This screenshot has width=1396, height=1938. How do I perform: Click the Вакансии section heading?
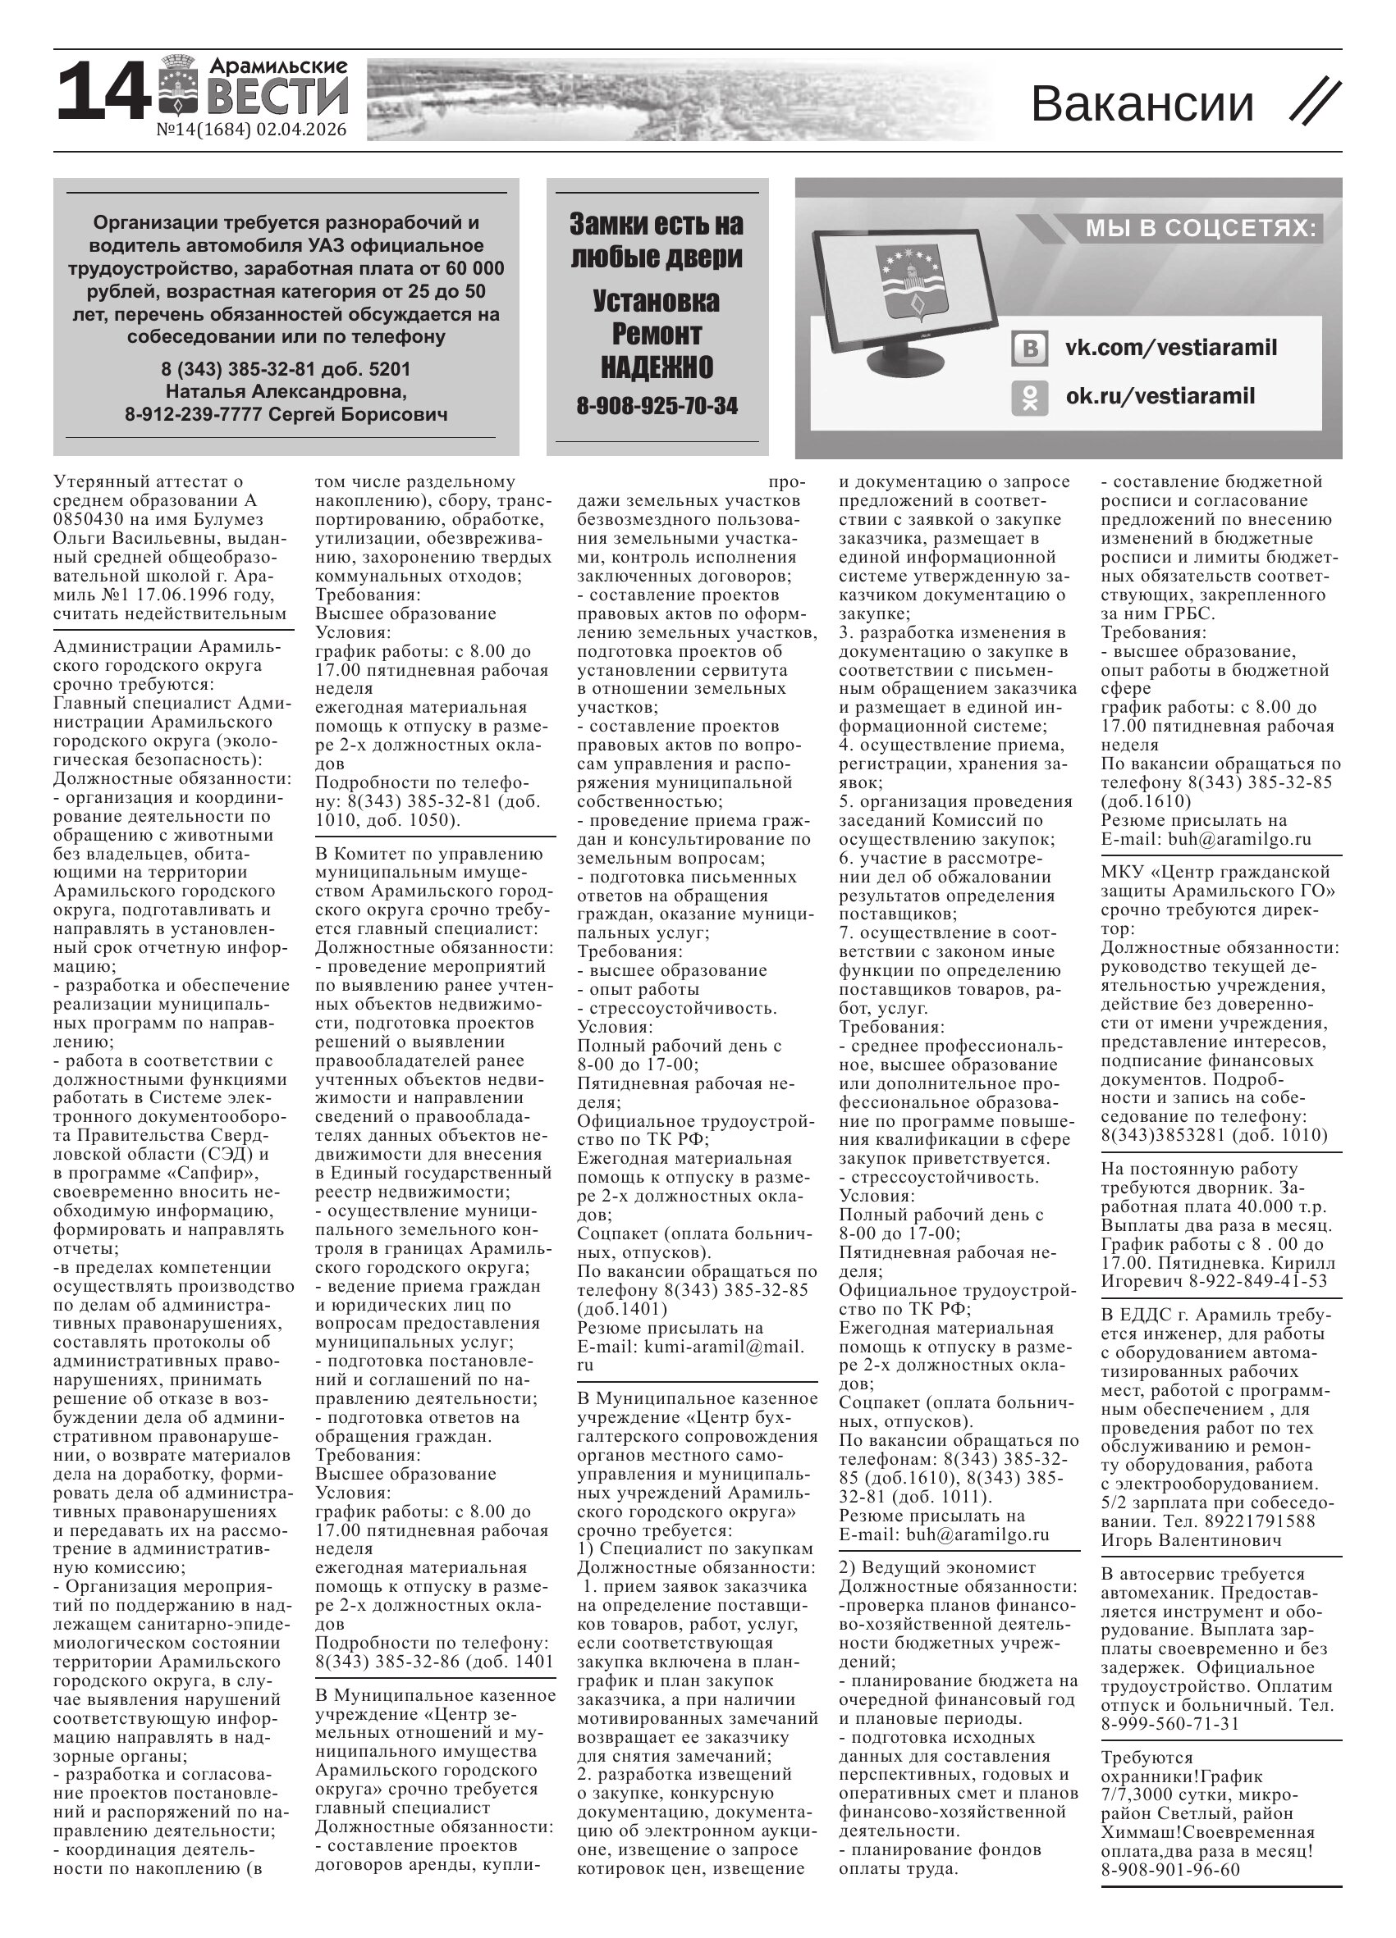tap(1142, 103)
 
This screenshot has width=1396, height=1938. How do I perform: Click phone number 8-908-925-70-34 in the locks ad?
tap(657, 406)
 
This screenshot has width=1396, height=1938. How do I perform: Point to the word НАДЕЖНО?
tap(657, 367)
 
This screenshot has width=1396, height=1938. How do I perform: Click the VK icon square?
tap(1030, 349)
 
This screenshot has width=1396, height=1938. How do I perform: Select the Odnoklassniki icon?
tap(1030, 397)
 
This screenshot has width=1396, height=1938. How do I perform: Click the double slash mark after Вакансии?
tap(1315, 103)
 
